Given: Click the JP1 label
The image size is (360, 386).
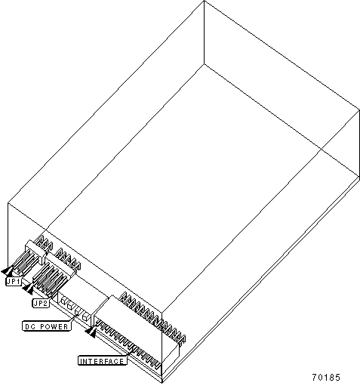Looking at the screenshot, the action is click(x=14, y=281).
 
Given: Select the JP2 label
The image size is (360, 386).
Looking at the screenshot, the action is click(x=41, y=303).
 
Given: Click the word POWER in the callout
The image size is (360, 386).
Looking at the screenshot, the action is click(x=54, y=326).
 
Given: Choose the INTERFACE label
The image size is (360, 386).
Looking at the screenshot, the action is click(x=102, y=361).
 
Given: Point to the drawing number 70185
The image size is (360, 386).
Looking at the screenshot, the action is click(x=326, y=377).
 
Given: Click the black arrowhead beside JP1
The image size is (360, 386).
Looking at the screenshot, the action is click(x=8, y=271).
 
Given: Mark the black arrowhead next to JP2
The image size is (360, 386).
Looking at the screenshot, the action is click(x=28, y=289).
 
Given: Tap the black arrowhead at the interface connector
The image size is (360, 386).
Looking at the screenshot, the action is click(x=91, y=332).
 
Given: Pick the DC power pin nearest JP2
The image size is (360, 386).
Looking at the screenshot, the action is click(x=63, y=301).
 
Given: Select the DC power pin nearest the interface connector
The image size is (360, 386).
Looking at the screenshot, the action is click(x=85, y=317).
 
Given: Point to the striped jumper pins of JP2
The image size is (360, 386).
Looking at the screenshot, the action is click(x=48, y=280).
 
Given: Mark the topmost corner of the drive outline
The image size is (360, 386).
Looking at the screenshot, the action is click(x=204, y=1).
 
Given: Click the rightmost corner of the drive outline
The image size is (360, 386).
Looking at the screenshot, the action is click(x=359, y=110).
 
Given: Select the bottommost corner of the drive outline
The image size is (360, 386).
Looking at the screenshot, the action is click(x=162, y=383).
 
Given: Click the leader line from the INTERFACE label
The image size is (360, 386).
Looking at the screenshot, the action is click(x=131, y=353).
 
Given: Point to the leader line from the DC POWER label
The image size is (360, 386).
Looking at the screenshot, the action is click(x=73, y=317).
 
